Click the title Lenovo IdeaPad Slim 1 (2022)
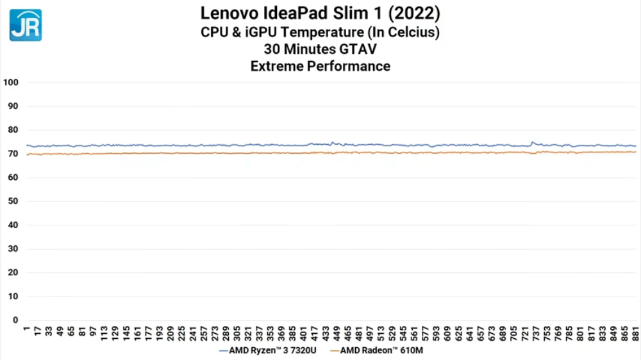point(320,13)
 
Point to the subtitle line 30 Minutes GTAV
point(320,49)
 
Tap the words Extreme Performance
point(320,65)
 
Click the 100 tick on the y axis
point(12,82)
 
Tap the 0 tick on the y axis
point(16,320)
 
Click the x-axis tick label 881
point(635,334)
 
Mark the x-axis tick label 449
point(326,334)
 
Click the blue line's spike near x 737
point(533,142)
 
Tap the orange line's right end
point(635,152)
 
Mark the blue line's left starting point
point(27,145)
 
